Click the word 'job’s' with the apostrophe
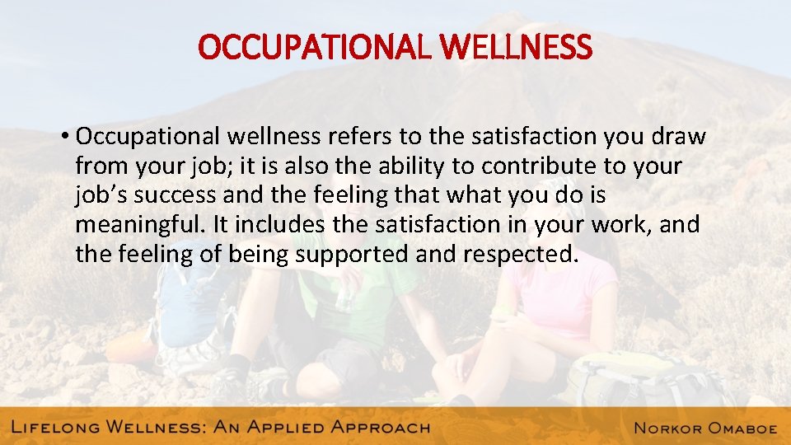tap(102, 194)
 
